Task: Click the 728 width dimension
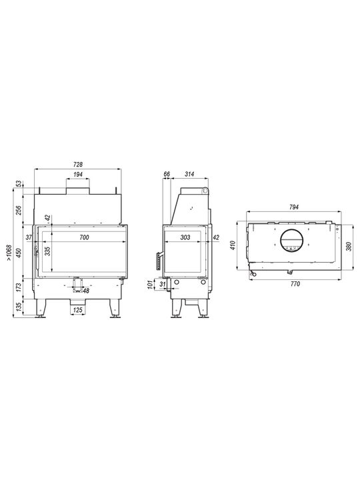[78, 165]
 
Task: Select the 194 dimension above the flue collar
[78, 175]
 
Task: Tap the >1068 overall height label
[9, 253]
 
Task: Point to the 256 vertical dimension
[19, 210]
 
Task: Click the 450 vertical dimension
[19, 253]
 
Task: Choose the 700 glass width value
[84, 237]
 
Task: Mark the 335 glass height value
[47, 251]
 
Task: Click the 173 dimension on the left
[19, 287]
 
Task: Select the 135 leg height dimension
[19, 307]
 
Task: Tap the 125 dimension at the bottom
[78, 310]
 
